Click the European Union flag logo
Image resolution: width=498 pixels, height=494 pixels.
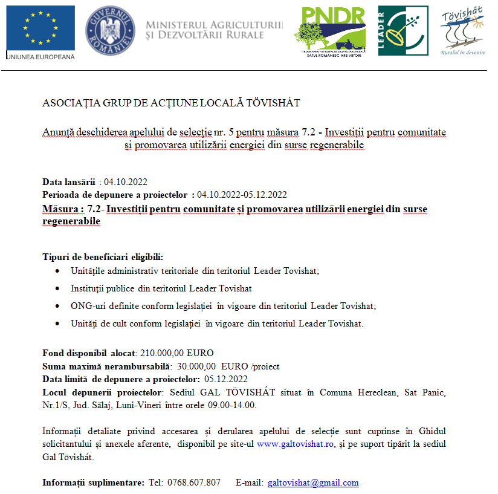pyautogui.click(x=40, y=28)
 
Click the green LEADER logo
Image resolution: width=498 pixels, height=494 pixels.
pyautogui.click(x=403, y=31)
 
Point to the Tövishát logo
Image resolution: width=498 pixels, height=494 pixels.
pyautogui.click(x=462, y=31)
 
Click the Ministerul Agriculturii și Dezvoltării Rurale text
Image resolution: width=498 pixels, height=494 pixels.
pyautogui.click(x=214, y=30)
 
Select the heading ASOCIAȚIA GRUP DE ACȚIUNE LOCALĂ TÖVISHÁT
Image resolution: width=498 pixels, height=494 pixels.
pyautogui.click(x=171, y=103)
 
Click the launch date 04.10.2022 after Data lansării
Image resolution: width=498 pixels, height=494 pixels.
pyautogui.click(x=126, y=182)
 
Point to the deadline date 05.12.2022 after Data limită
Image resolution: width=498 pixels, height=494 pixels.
pyautogui.click(x=226, y=380)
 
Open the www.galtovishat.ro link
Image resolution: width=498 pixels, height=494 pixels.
pyautogui.click(x=296, y=444)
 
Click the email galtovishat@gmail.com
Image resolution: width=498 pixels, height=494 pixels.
pyautogui.click(x=313, y=483)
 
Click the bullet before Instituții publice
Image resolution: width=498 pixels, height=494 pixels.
pyautogui.click(x=57, y=288)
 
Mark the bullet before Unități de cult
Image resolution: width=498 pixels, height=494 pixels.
pyautogui.click(x=57, y=323)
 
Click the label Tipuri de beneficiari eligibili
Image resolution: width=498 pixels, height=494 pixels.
pyautogui.click(x=103, y=257)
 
